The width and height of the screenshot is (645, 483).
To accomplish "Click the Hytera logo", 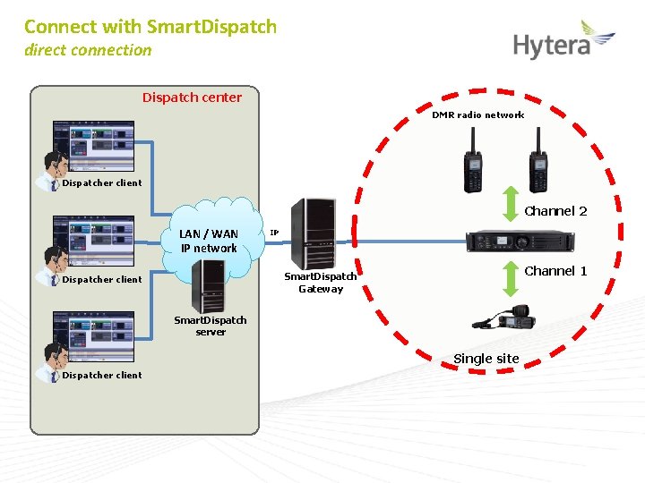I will (563, 41).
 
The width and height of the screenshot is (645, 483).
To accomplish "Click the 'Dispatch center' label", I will (192, 97).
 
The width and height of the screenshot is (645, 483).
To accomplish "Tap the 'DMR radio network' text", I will (477, 114).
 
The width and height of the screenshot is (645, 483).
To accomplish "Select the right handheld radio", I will (537, 162).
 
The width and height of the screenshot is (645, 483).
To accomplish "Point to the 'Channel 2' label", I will (555, 211).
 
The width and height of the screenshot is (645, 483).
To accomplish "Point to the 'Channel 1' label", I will (555, 271).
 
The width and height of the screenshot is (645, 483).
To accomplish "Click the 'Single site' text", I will (486, 359).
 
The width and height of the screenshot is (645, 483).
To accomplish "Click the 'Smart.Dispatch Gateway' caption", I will (321, 283).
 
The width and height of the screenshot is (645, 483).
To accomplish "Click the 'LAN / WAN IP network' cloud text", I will (209, 241).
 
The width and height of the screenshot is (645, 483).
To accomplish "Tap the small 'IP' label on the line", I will (274, 233).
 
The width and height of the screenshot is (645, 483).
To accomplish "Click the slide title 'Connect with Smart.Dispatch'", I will (150, 27).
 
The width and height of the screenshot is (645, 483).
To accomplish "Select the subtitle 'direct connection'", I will (88, 50).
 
